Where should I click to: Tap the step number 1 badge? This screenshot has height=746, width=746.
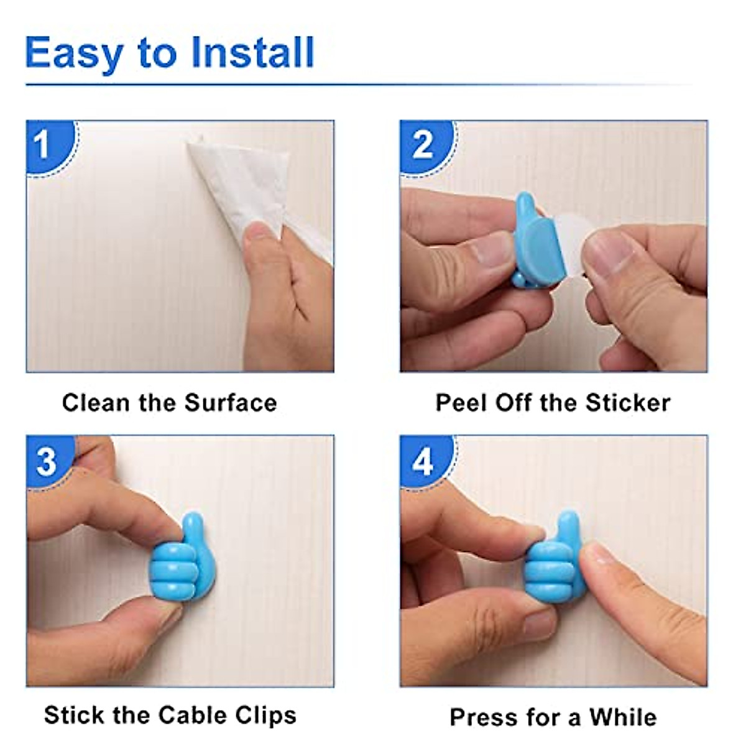(44, 144)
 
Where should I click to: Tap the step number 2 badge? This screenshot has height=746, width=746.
(422, 144)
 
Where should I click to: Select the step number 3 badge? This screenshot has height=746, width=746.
(46, 461)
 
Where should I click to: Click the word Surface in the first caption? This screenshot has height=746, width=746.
(231, 403)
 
